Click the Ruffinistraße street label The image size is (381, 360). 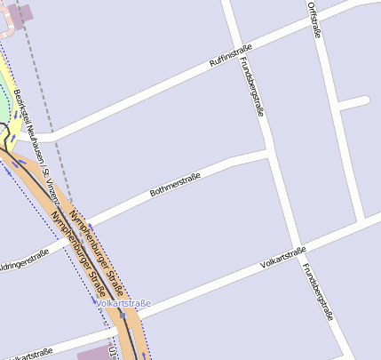pos(231,58)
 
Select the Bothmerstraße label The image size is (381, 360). pos(176,184)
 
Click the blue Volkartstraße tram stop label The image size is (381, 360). pos(124,304)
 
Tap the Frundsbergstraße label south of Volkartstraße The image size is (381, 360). pos(317,292)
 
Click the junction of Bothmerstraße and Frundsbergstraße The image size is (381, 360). pos(270,154)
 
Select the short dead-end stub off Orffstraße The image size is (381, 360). pos(353,102)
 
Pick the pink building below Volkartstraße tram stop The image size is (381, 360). pos(95,352)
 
